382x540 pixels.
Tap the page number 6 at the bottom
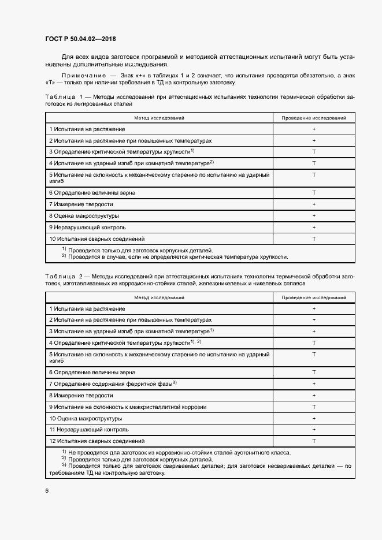[x=47, y=490]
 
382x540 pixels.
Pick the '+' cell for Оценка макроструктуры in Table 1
[x=314, y=216]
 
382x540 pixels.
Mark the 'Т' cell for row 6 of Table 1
[x=314, y=193]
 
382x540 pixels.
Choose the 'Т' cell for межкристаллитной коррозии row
[x=314, y=407]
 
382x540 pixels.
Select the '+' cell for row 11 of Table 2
[x=314, y=430]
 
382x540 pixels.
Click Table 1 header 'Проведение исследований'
[x=314, y=118]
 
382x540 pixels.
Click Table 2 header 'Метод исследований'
[x=159, y=297]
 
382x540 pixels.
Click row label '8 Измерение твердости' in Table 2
[x=81, y=396]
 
